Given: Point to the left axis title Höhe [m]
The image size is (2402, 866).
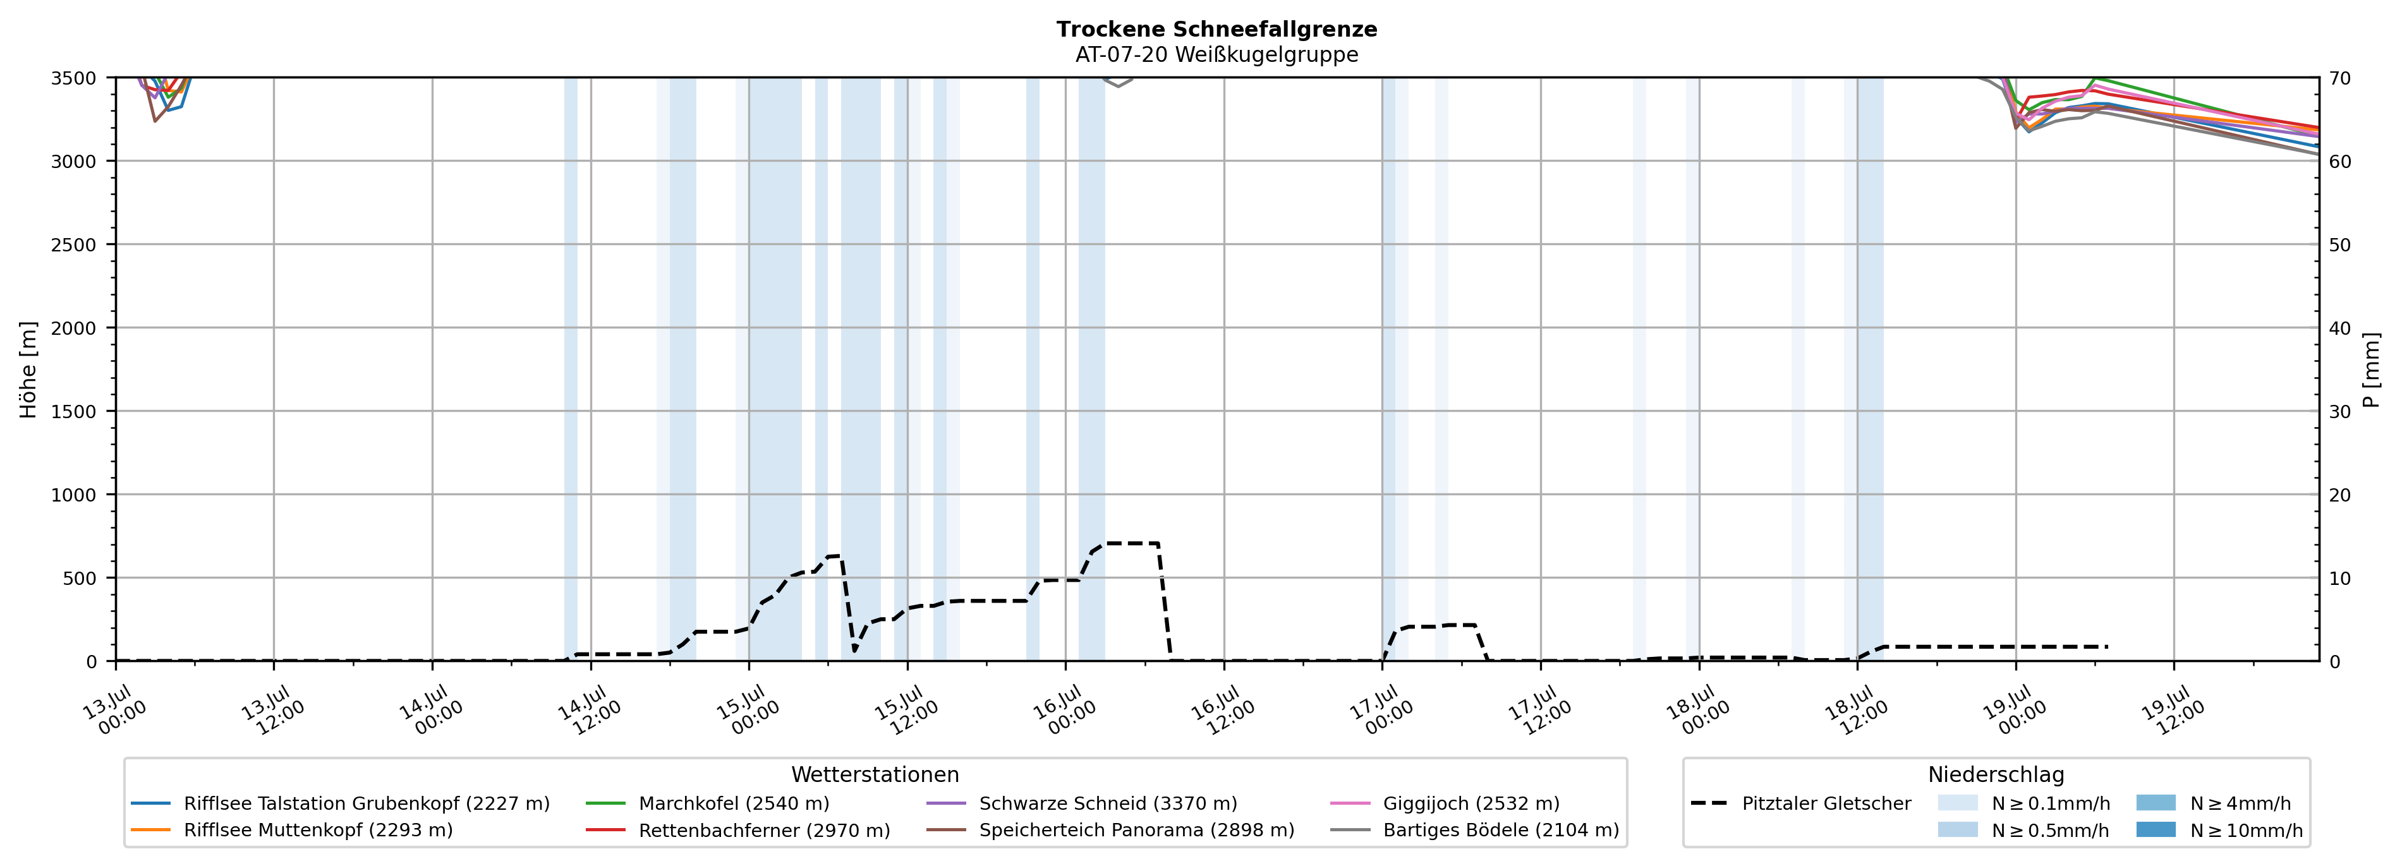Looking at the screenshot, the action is [x=29, y=369].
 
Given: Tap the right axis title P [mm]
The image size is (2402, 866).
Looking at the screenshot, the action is [x=2371, y=369].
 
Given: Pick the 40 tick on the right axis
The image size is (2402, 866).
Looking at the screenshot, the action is [x=2339, y=328].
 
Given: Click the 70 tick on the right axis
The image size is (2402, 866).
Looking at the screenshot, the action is [x=2339, y=78].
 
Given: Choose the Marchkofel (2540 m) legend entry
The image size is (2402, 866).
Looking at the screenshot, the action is [x=708, y=803].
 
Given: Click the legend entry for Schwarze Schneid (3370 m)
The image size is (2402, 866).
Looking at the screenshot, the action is [x=1082, y=803].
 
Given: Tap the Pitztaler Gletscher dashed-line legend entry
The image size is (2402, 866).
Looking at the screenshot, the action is [x=1800, y=803].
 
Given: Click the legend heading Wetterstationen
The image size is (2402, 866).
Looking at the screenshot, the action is [x=875, y=774].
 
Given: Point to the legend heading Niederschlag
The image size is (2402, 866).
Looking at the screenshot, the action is [x=1996, y=774].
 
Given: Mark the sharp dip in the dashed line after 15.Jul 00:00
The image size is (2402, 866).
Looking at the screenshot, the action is [x=854, y=651].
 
